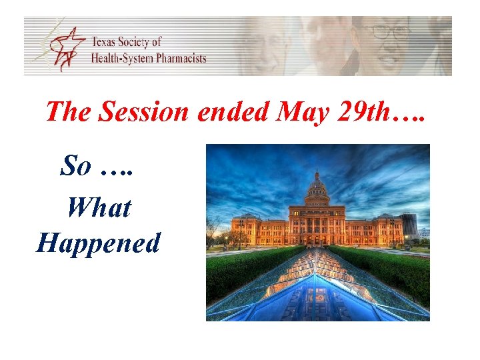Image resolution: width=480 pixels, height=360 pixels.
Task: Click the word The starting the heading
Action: [x=69, y=112]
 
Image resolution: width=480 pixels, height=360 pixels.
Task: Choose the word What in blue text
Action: [x=99, y=207]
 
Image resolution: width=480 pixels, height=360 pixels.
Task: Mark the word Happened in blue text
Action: [x=99, y=243]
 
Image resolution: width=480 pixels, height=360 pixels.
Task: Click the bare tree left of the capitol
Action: [x=215, y=230]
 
